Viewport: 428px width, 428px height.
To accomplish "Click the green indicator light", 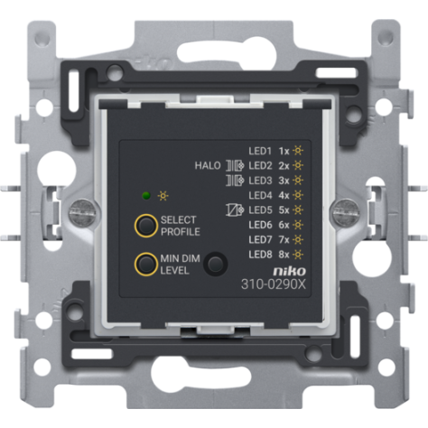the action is coord(146,196).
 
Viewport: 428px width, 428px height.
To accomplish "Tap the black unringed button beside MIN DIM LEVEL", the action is coord(216,264).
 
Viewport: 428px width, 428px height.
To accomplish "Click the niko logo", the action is coord(289,271).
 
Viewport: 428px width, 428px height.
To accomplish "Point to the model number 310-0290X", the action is coord(274,284).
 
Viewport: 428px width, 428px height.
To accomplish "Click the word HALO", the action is coord(208,165).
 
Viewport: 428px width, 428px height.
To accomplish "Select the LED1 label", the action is coord(260,151).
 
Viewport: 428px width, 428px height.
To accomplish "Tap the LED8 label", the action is coord(260,255).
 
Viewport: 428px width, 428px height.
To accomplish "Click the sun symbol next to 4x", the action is coord(298,195).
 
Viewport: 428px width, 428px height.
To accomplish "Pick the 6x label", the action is coord(284,225).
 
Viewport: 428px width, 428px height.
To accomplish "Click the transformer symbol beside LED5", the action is coord(235,209).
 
